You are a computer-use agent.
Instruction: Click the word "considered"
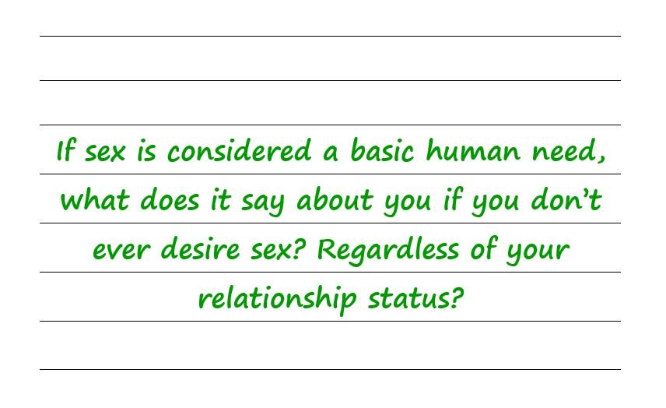240,151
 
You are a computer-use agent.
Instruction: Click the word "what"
94,201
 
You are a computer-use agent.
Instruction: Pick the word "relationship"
277,300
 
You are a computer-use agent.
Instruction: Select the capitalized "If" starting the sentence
66,151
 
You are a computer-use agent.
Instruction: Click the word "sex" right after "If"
105,153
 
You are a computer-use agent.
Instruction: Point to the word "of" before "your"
482,251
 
